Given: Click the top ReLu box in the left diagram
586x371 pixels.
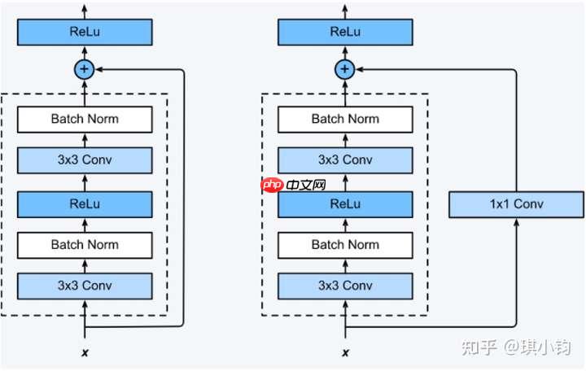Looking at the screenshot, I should point(85,32).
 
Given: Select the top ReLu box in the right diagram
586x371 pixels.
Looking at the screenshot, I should point(345,32).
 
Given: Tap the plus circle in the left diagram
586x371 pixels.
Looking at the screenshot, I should point(85,69).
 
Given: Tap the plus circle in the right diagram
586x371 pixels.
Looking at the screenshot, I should point(345,69).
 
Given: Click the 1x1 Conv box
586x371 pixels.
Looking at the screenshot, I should point(516,204).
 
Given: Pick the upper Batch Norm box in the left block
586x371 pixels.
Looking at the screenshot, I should point(85,119).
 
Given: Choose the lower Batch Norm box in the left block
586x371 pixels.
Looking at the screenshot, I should point(85,244).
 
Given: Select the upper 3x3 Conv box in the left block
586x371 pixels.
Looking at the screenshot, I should point(85,159).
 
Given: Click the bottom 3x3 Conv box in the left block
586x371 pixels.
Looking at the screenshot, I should point(85,286).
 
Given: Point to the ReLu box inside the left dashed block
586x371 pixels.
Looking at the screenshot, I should point(85,203).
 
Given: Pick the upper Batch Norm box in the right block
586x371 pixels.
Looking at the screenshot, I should point(345,119).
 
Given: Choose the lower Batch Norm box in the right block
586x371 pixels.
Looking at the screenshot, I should point(345,244).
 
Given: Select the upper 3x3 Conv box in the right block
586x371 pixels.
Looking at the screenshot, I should point(345,159).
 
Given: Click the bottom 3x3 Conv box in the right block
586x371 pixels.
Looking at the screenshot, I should point(345,286).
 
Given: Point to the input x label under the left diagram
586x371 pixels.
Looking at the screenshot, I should point(85,352).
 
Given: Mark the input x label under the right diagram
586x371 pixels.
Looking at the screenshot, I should point(345,352).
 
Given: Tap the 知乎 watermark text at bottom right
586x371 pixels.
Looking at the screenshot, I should point(478,347).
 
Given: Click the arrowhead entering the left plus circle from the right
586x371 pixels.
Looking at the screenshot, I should point(98,69).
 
